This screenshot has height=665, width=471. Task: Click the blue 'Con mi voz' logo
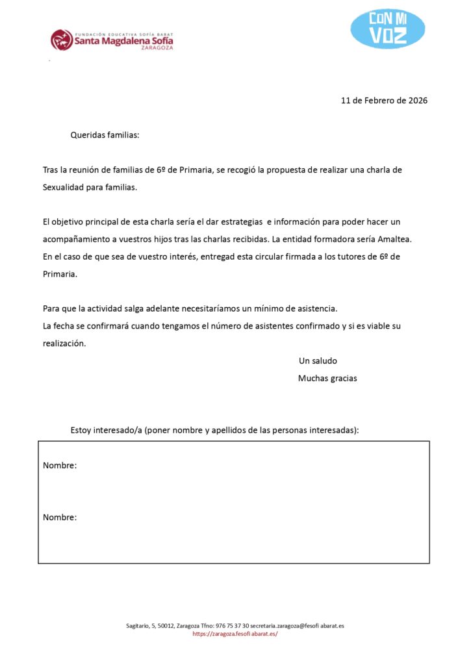coord(388,29)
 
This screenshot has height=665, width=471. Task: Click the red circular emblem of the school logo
coord(62,40)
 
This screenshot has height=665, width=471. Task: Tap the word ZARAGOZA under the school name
coord(157,48)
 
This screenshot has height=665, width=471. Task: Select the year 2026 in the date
coord(418,101)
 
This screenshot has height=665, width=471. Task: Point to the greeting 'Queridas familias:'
coord(105,136)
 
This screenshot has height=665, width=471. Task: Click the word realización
coord(64,344)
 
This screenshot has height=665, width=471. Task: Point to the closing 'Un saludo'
coord(318,361)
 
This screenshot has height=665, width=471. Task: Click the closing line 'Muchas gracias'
coord(327,378)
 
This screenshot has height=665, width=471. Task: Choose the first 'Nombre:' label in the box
coord(60,466)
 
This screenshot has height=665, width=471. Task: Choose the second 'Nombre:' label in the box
coord(60,518)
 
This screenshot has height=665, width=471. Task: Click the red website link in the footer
coord(235,634)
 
